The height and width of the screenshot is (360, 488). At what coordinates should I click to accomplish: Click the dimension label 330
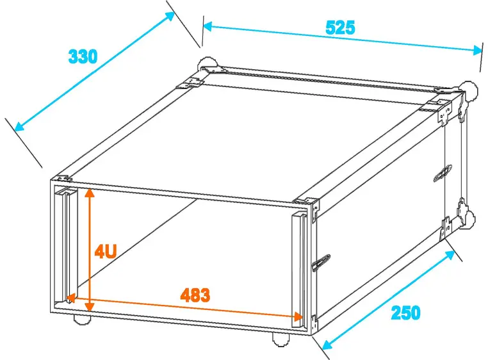pos(83,56)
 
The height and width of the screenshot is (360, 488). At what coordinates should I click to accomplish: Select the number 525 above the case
pos(340,28)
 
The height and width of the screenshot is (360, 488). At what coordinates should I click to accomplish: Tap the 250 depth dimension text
pos(405,313)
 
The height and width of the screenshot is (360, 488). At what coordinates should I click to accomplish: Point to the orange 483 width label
pos(195,295)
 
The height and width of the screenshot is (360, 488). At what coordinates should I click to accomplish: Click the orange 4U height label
pos(105,250)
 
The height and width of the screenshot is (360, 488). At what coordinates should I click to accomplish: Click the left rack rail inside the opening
pos(64,243)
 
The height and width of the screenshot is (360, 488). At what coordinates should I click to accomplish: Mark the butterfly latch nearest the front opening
pos(321,261)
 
